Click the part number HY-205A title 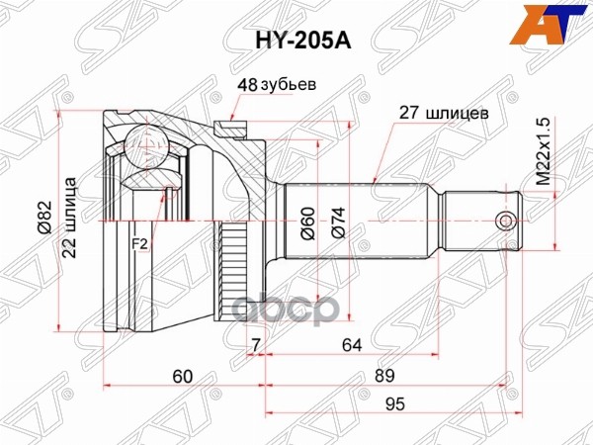point(296,41)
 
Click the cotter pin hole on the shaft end point(505,220)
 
